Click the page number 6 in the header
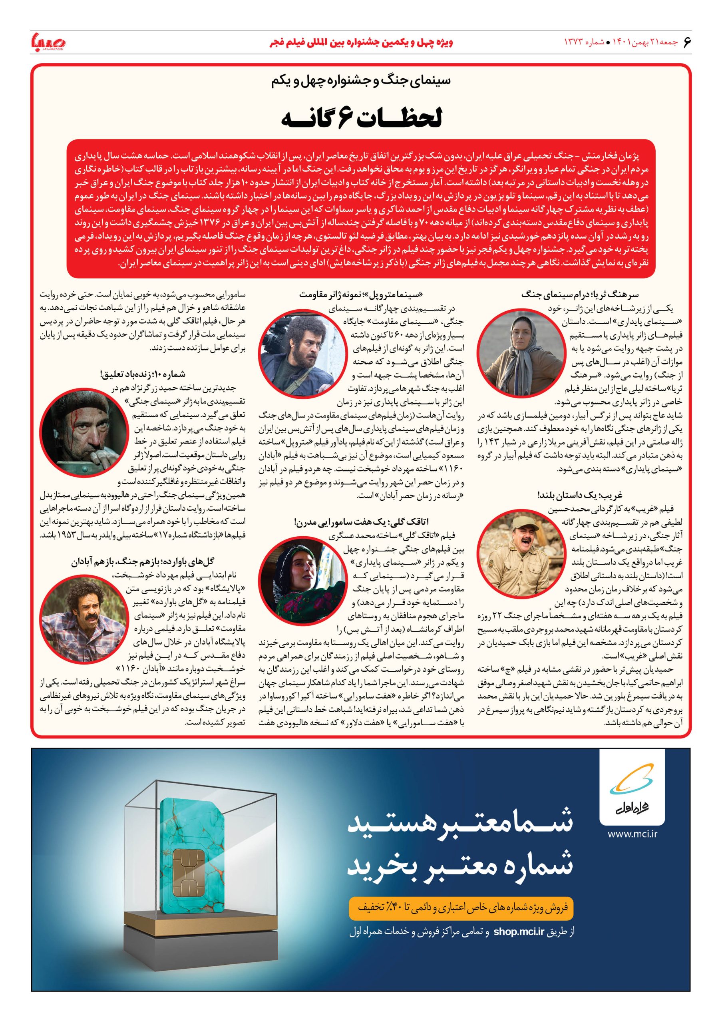click(x=686, y=42)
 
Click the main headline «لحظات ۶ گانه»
click(x=361, y=119)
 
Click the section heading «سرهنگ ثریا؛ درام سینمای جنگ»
click(x=579, y=295)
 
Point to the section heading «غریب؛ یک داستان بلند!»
click(x=579, y=496)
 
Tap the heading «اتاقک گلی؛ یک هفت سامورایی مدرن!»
click(x=361, y=522)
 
